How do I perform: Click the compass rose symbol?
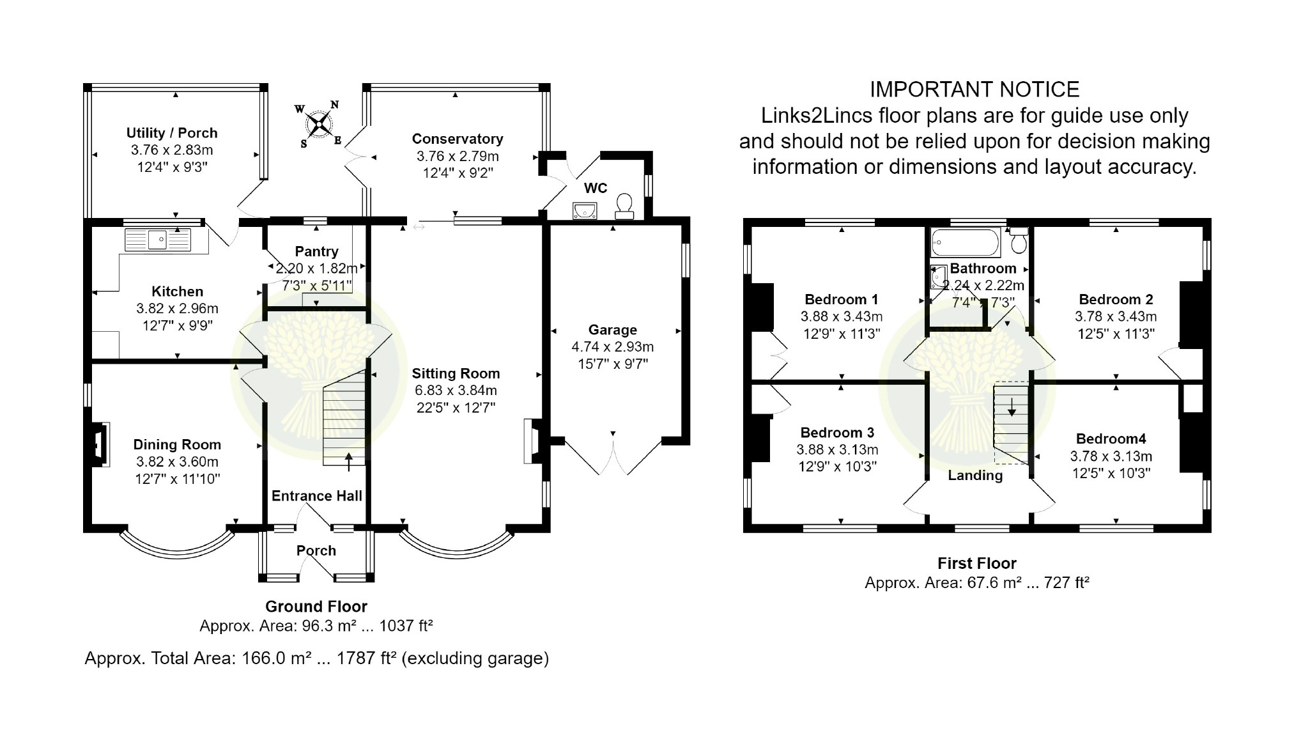point(318,124)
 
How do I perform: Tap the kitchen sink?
point(158,240)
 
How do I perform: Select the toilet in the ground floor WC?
point(624,206)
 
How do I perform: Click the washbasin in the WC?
point(585,210)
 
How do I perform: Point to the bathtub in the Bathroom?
point(966,242)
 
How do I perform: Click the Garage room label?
point(613,330)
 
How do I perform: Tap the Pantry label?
point(316,251)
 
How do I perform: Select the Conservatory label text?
point(458,139)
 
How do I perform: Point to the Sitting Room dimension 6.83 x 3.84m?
point(455,391)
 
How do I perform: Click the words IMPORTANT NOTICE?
point(974,89)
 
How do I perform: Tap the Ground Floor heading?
point(316,606)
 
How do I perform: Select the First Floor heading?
point(977,563)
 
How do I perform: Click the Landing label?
point(975,475)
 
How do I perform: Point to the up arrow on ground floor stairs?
point(349,462)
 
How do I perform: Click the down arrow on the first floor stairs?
point(1012,407)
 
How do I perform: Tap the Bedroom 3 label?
point(837,433)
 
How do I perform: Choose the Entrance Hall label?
point(317,496)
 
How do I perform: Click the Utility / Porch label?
point(172,133)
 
